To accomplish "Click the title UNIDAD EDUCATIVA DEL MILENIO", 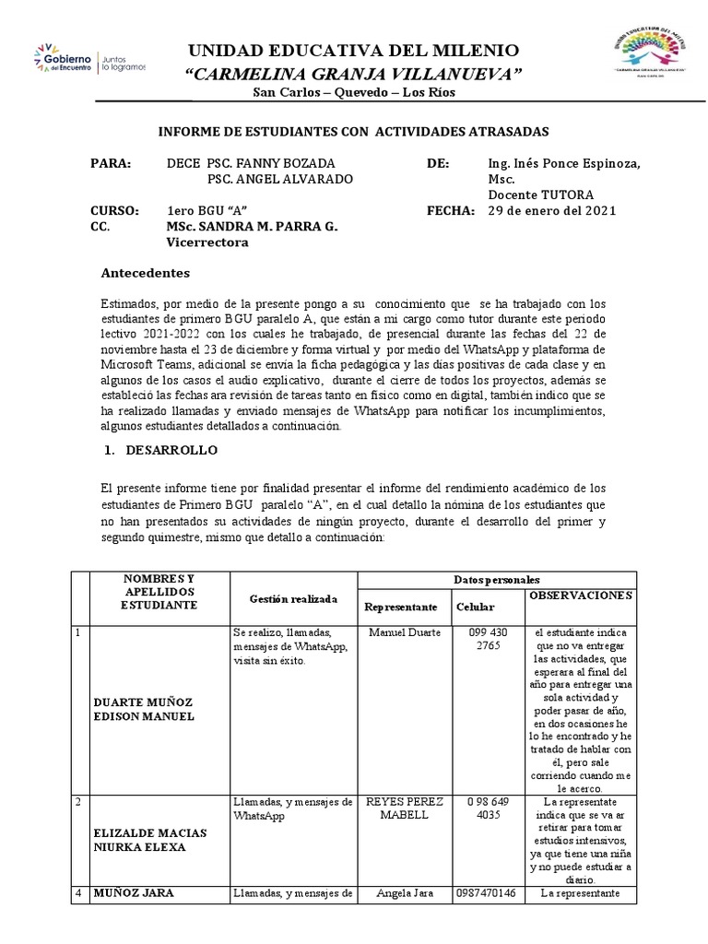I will point(354,50).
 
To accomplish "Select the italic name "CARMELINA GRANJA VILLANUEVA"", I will point(354,74).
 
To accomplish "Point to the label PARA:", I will point(112,163).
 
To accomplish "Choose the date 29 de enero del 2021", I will point(551,210).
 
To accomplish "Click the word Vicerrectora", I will point(206,243).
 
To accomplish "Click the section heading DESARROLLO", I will point(171,450).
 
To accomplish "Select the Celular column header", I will point(476,608).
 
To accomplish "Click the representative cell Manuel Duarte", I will point(404,632).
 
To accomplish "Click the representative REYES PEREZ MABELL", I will point(404,808).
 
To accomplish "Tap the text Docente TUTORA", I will point(540,195).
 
